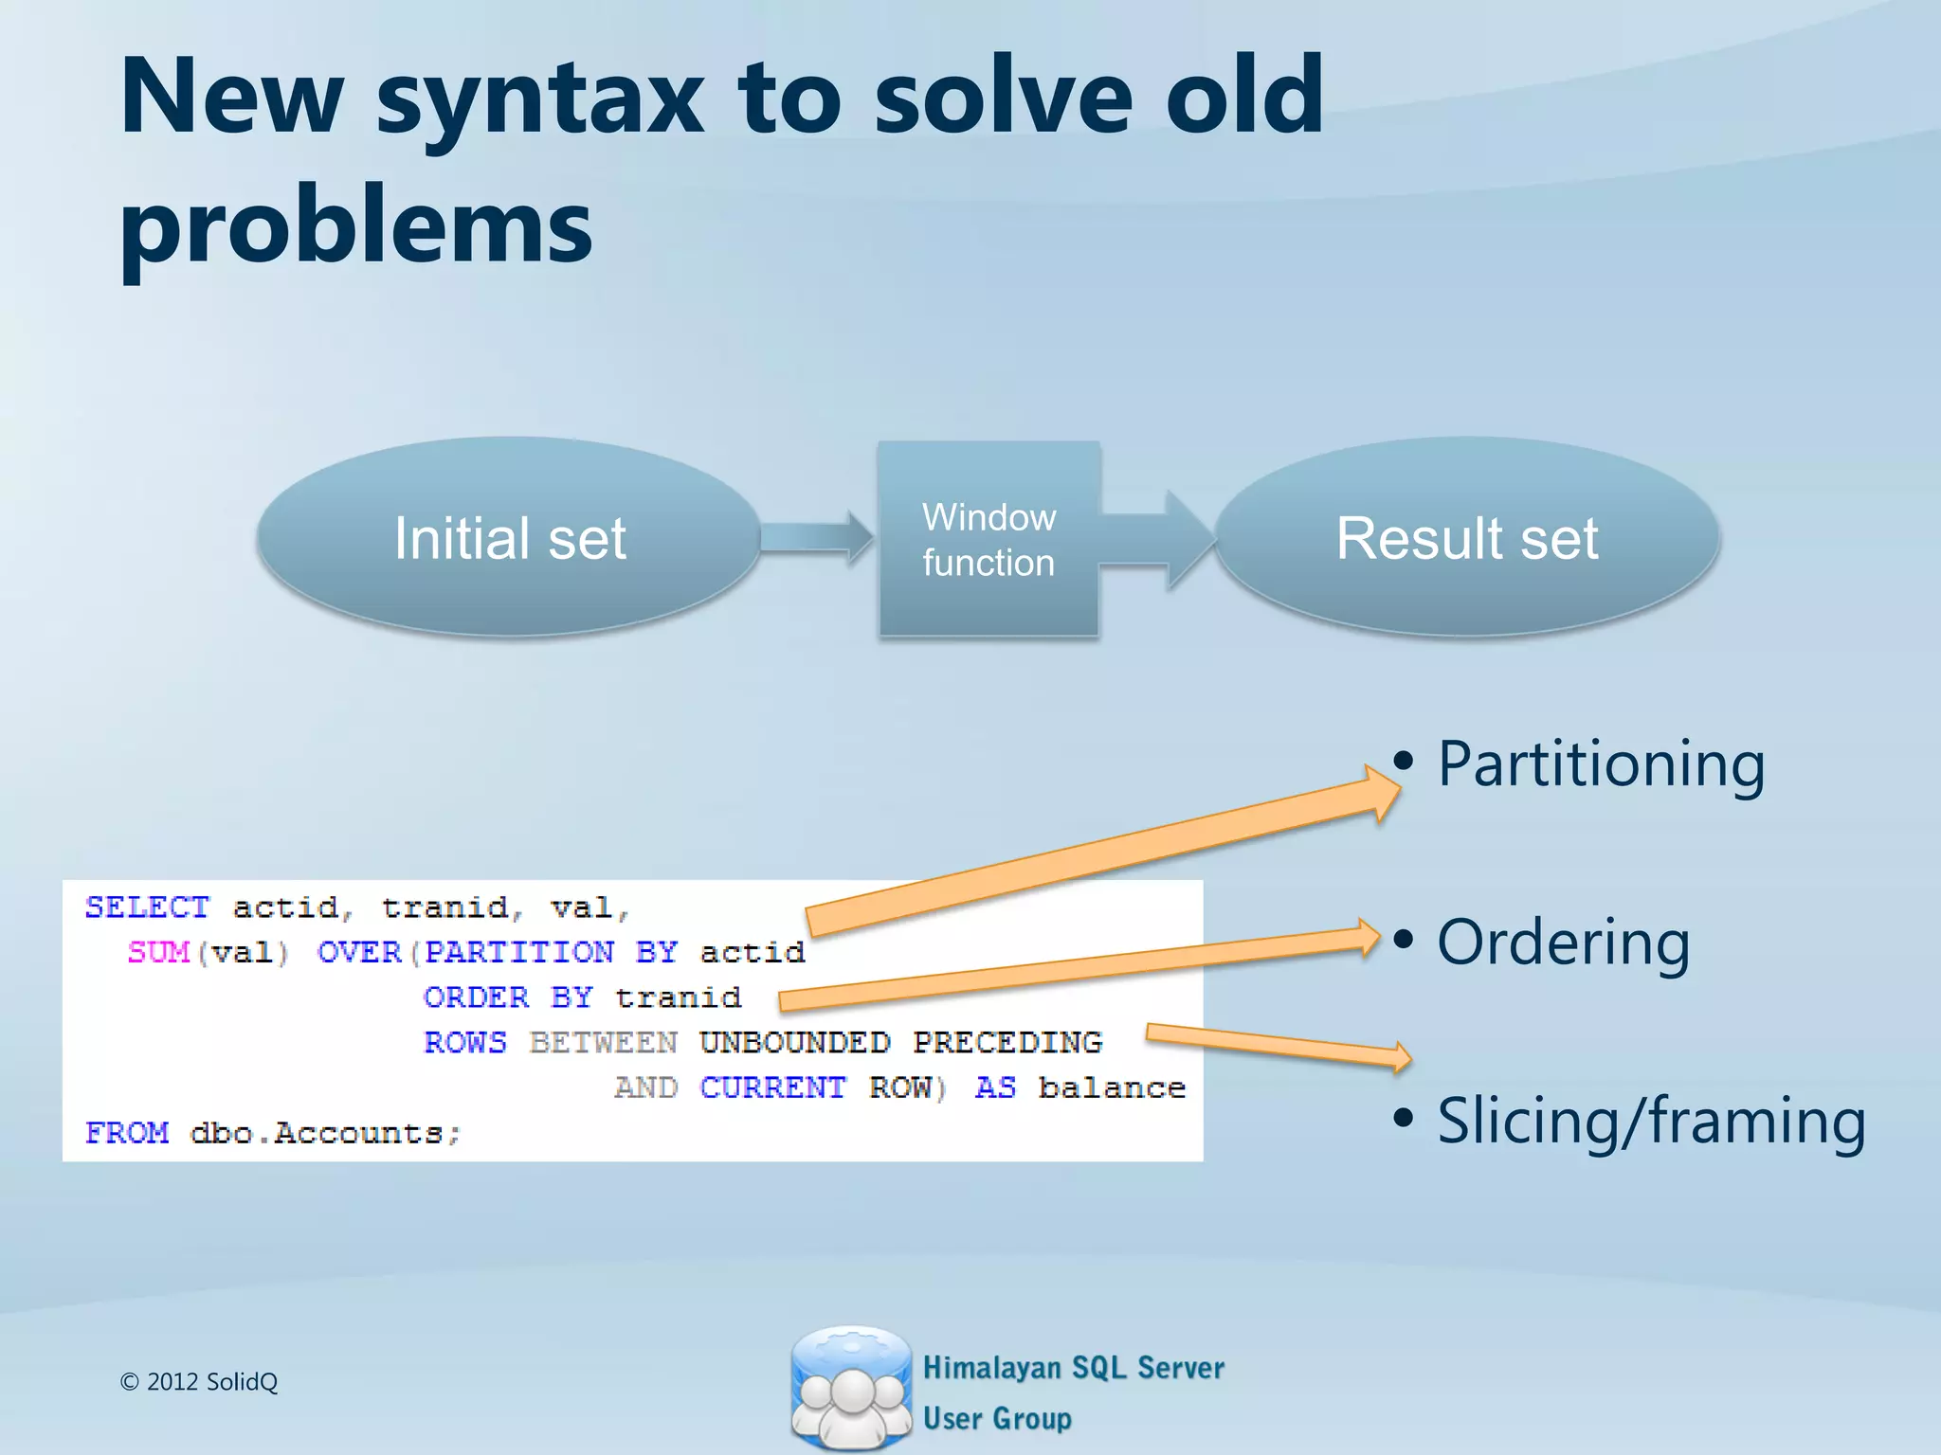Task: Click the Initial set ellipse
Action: (x=509, y=537)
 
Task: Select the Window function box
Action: (x=989, y=539)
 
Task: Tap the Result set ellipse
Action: (x=1467, y=537)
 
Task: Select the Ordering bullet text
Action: (x=1563, y=943)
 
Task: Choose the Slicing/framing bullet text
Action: (x=1651, y=1122)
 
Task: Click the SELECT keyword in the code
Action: (x=147, y=907)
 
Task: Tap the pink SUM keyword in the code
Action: (x=158, y=952)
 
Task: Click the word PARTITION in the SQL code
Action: (x=519, y=952)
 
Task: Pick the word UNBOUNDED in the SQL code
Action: (x=794, y=1043)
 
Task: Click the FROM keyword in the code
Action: (x=127, y=1133)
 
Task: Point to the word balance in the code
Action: (x=1112, y=1087)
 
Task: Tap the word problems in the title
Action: (x=355, y=227)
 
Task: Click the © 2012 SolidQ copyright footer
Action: (x=199, y=1382)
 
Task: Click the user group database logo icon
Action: (x=850, y=1388)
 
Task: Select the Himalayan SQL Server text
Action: (x=1073, y=1368)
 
